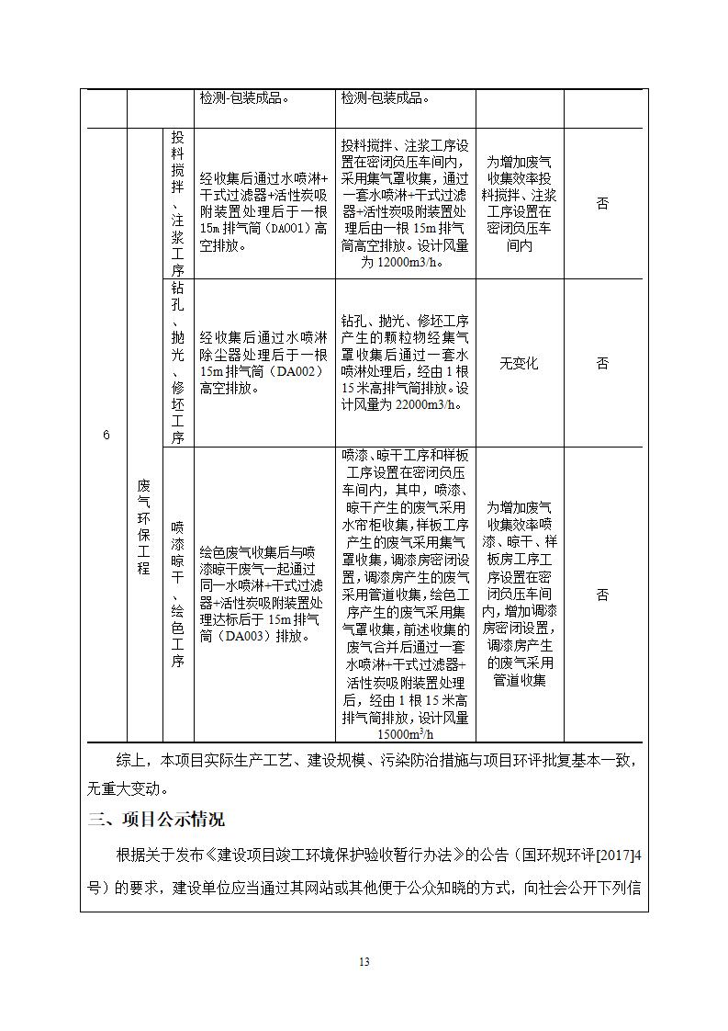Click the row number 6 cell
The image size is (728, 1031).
coord(106,435)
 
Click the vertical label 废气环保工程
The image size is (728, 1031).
coord(143,526)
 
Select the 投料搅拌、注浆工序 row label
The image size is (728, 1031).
coord(177,202)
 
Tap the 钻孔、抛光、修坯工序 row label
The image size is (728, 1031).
coord(177,363)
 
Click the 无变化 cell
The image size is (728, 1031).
coord(519,364)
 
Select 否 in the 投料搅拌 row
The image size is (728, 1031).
coord(602,203)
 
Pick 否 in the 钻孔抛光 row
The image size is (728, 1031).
coord(602,364)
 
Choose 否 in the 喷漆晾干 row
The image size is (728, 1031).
coord(602,595)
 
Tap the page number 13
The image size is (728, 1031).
coord(364,962)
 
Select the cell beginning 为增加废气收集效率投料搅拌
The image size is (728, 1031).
coord(519,203)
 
